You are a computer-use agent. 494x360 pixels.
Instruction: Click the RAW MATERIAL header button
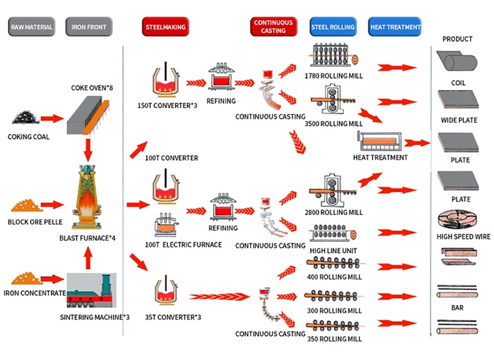pos(32,27)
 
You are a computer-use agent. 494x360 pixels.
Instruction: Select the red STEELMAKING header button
pos(165,27)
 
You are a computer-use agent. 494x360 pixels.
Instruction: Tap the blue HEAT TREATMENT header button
pos(395,27)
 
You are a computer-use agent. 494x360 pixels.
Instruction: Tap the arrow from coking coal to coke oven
pos(52,118)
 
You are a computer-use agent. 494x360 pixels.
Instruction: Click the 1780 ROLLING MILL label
pos(333,76)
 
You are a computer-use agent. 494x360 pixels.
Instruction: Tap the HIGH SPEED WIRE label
pos(463,237)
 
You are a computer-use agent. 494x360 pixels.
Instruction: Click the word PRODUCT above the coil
pos(457,39)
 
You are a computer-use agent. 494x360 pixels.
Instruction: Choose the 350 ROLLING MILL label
pos(335,339)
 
